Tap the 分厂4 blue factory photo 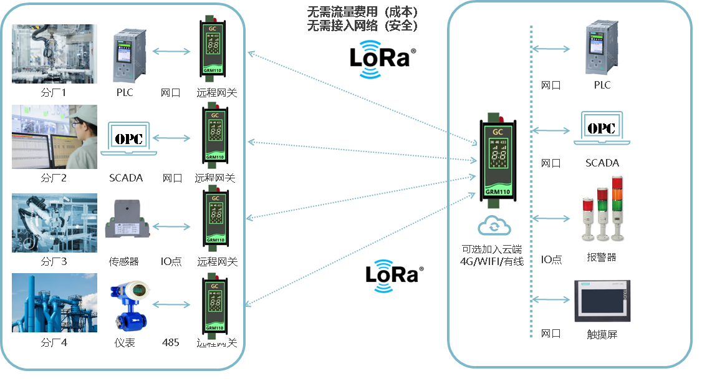point(55,302)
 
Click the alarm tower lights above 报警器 point(602,209)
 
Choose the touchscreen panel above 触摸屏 point(602,302)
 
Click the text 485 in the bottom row point(170,342)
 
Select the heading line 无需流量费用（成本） point(362,12)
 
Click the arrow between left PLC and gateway point(171,52)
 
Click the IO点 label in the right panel point(551,259)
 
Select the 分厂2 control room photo point(55,137)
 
